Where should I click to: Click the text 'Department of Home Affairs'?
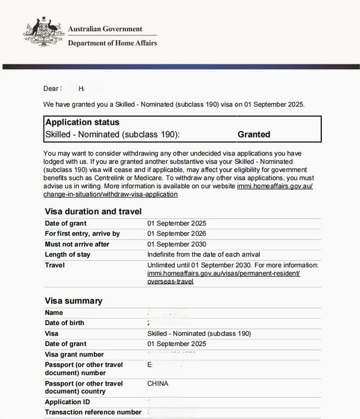[112, 43]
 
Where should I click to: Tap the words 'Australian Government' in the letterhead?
[105, 29]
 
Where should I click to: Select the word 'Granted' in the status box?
[254, 134]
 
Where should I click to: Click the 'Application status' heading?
[82, 122]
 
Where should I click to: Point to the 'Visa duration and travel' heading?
[93, 211]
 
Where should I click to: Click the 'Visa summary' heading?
[73, 301]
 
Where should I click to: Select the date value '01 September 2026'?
[177, 234]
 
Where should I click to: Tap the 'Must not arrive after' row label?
[77, 244]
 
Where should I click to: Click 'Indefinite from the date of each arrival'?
[203, 254]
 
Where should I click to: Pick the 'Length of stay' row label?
[68, 254]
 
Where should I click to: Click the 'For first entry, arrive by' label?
[82, 234]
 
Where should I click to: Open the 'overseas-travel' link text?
[170, 282]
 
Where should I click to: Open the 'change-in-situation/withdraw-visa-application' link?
[110, 194]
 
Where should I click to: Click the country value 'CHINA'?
[158, 384]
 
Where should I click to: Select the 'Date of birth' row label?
[64, 323]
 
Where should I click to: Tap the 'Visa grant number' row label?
[74, 354]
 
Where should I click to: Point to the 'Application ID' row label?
[67, 402]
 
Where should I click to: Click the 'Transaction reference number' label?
[93, 412]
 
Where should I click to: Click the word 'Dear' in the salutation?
[51, 88]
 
